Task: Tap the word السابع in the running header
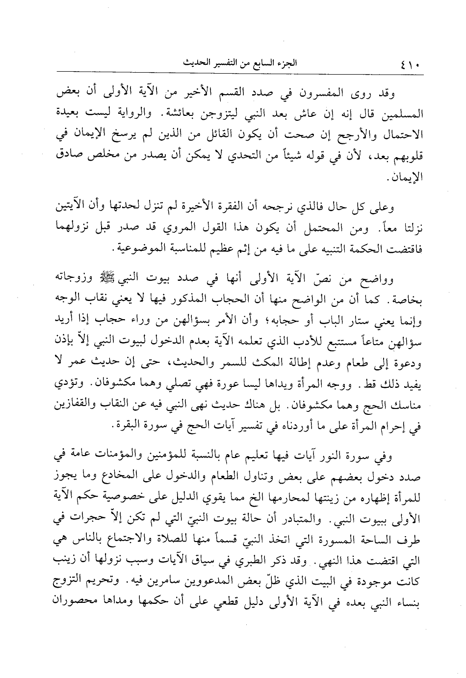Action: pos(267,64)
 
